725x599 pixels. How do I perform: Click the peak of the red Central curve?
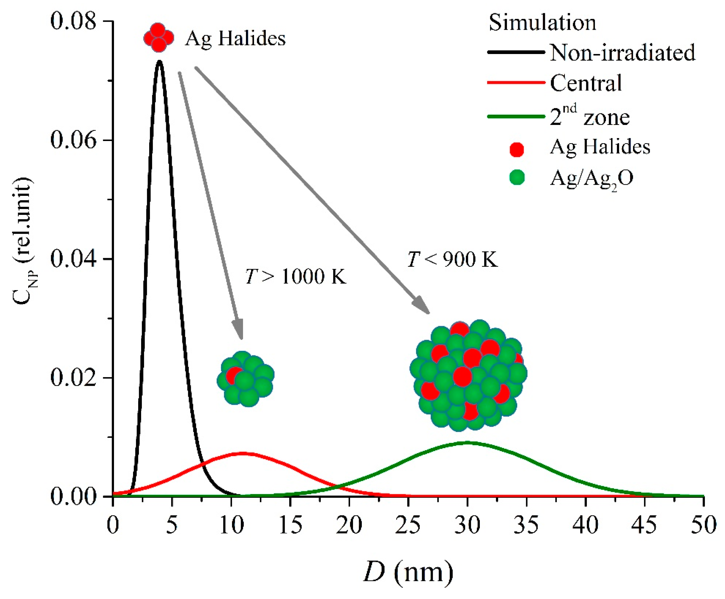coord(243,453)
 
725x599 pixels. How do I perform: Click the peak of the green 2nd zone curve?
coord(467,443)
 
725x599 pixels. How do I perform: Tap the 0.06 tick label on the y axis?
coord(73,140)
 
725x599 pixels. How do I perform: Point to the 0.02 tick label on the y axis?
coord(73,377)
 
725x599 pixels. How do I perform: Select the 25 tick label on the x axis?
coord(408,525)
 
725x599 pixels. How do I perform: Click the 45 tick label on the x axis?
coord(645,525)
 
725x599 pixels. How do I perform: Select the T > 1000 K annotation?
coord(295,276)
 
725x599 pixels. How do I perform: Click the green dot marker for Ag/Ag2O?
coord(517,178)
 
